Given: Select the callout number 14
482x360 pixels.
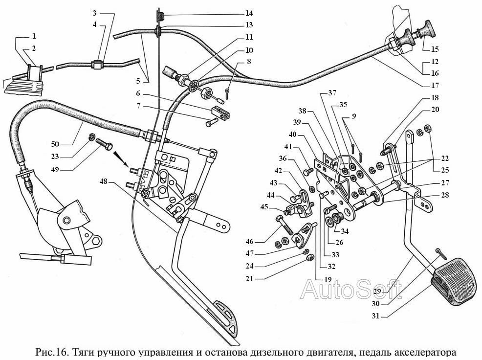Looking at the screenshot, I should pos(249,13).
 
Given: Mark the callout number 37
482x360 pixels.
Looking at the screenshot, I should pos(332,93).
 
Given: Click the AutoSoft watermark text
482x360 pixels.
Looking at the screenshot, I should pos(351,289).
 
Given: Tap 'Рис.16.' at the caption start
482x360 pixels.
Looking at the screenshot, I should pos(53,352).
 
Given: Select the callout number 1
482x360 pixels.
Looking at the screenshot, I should pos(34,36).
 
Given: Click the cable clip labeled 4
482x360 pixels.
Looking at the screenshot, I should pos(96,64).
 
